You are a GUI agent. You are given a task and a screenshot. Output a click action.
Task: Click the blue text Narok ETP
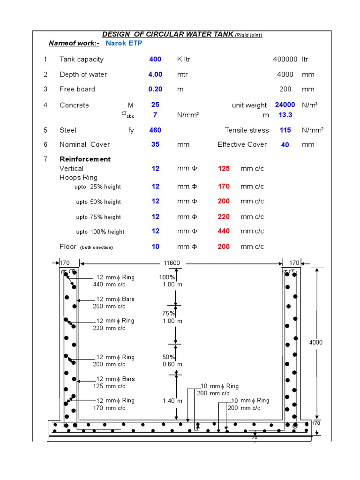tap(124, 43)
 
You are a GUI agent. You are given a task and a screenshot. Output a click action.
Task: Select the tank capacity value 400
tap(155, 59)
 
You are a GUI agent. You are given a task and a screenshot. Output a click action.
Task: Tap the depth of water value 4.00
tap(155, 74)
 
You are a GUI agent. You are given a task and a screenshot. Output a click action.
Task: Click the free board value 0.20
tap(155, 89)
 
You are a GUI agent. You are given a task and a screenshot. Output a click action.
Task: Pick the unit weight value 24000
tap(285, 105)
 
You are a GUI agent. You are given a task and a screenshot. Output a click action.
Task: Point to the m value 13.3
tap(285, 115)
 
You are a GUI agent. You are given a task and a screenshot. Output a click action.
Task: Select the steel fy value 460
tap(155, 130)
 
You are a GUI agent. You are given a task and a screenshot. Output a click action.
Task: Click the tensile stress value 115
tap(285, 130)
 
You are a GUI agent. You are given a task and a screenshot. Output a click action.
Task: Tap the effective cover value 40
tap(285, 145)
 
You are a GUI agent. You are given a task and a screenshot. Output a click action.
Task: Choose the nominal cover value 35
tap(155, 144)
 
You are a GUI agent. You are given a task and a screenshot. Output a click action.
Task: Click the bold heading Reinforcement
tap(85, 159)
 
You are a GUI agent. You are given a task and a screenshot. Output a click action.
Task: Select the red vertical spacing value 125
tap(224, 168)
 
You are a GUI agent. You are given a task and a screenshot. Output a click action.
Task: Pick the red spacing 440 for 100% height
tap(224, 231)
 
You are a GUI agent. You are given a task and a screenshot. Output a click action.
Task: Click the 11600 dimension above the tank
tap(171, 263)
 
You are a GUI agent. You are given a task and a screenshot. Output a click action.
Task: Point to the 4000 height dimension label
tap(316, 342)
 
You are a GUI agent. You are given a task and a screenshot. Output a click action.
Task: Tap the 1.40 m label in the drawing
tap(172, 401)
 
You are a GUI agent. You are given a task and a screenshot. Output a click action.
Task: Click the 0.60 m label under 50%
tap(172, 364)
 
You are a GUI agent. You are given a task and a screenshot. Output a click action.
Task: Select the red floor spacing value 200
tap(224, 247)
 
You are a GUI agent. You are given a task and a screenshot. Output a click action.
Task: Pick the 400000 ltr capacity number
tap(285, 59)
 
